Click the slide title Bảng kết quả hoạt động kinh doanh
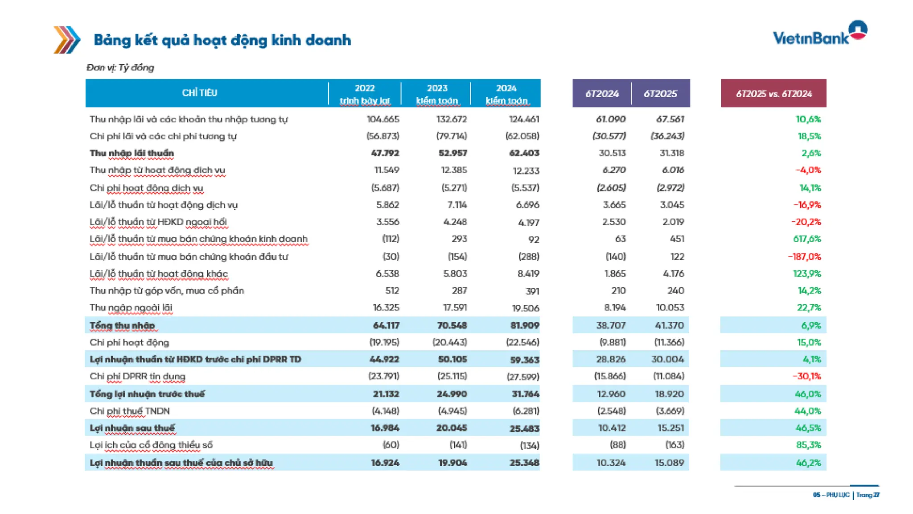click(222, 40)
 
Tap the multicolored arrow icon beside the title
click(67, 40)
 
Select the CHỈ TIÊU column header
click(199, 93)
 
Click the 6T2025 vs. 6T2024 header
click(773, 94)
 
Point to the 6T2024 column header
click(601, 94)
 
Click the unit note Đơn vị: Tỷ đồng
click(120, 67)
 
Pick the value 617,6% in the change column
click(806, 239)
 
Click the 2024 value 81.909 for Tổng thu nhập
click(524, 325)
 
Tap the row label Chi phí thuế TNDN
click(130, 411)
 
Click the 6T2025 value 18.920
click(669, 394)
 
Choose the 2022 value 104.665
click(382, 119)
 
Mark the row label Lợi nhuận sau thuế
click(132, 428)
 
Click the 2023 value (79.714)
click(452, 136)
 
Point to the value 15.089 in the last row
click(669, 463)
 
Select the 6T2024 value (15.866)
click(609, 376)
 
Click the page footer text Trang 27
click(868, 495)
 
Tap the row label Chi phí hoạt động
click(129, 342)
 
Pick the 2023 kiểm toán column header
click(436, 94)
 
